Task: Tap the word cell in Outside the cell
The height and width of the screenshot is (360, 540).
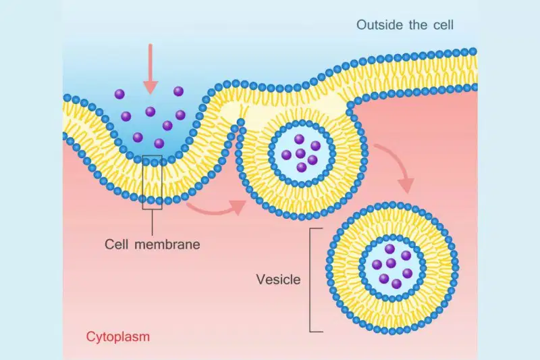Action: [443, 25]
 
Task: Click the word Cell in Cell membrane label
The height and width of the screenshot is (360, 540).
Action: [117, 245]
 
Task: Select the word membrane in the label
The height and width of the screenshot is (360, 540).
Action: [167, 245]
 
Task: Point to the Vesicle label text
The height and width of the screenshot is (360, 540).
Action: [278, 280]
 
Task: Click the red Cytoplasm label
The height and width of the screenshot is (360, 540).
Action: [117, 336]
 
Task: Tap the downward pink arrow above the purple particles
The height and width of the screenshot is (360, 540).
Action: [150, 69]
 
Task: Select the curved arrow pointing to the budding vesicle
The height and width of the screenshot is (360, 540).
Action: [216, 208]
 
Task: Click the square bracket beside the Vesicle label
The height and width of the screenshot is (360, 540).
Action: [310, 280]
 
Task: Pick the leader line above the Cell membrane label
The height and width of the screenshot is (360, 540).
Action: [153, 222]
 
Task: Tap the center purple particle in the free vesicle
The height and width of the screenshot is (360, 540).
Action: [391, 263]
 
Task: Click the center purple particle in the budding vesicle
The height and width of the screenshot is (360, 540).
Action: [300, 153]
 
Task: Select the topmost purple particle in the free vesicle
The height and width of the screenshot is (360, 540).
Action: [390, 249]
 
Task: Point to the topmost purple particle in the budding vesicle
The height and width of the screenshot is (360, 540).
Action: [299, 139]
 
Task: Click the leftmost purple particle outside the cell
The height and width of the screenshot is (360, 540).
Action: [119, 94]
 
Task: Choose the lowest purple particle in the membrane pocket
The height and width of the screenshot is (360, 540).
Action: [159, 143]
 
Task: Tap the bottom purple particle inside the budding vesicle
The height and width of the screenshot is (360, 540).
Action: [301, 168]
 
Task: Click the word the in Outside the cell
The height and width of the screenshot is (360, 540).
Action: [418, 25]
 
